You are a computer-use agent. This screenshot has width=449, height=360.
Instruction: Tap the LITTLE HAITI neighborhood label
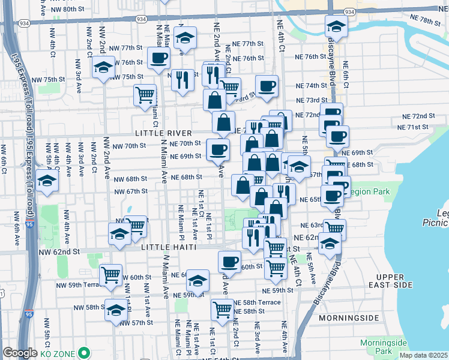coord(170,247)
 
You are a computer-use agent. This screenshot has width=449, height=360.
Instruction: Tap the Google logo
coord(20,353)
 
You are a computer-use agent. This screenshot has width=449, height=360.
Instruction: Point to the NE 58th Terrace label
coord(257,302)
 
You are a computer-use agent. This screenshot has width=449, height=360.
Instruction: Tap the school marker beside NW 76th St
coord(103,67)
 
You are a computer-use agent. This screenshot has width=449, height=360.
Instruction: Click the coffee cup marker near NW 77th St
coord(158,58)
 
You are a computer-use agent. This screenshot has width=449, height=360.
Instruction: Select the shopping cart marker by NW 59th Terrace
coord(111,275)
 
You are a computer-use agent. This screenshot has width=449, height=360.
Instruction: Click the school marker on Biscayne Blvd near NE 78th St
coord(336,26)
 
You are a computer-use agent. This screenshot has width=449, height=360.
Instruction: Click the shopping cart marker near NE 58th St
coord(222,310)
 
